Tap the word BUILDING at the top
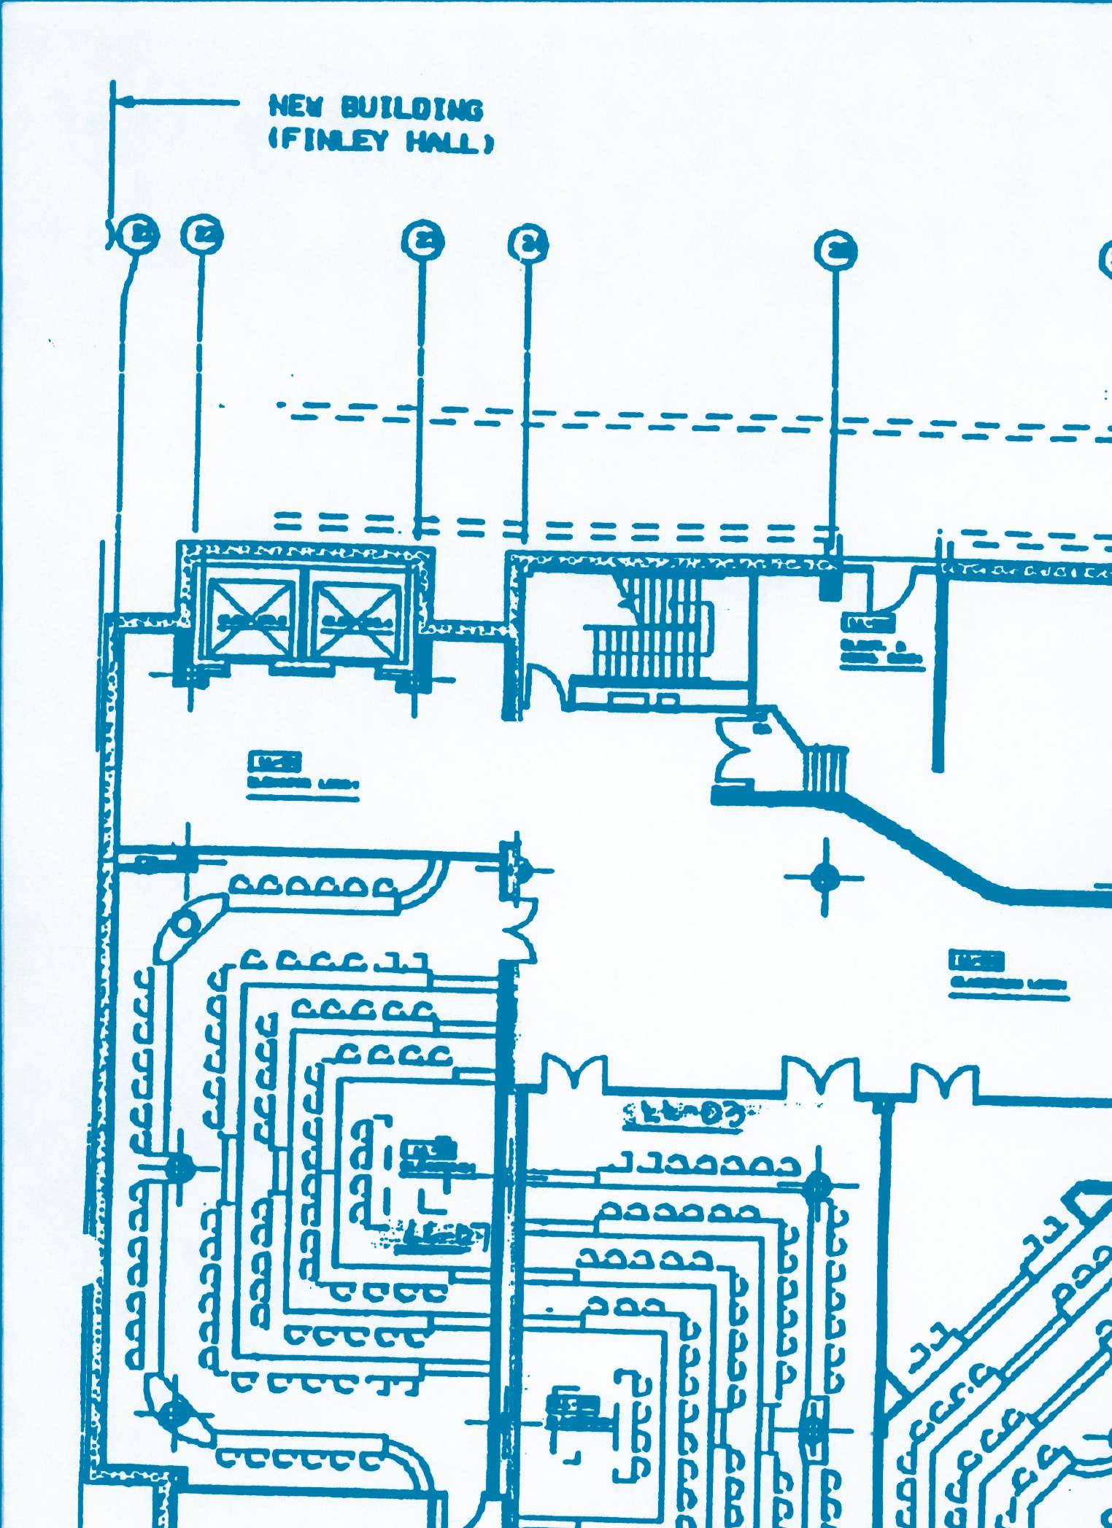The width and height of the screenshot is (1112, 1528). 412,109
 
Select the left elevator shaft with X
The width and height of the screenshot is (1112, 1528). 251,620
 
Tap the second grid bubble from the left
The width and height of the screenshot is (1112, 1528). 202,235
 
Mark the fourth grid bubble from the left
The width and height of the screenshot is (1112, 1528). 528,244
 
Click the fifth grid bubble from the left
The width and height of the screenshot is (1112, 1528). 835,250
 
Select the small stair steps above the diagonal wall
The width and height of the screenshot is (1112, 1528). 826,769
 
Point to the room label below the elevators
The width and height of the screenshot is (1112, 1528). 301,773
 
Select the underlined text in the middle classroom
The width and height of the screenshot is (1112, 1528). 684,1114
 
